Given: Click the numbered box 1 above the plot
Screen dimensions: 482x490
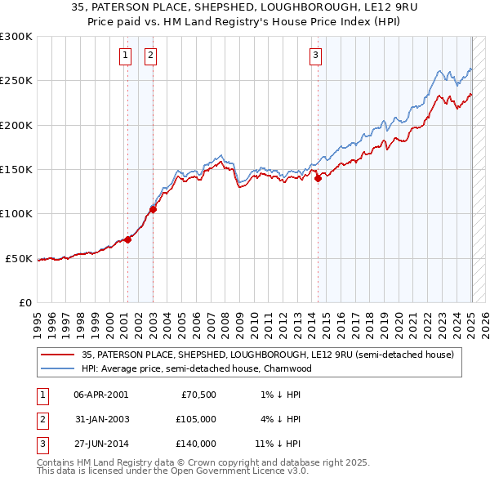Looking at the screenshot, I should [x=126, y=56].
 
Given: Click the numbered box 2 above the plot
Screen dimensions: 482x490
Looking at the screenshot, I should [x=152, y=56].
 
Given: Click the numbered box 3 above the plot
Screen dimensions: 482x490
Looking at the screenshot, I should [x=315, y=56].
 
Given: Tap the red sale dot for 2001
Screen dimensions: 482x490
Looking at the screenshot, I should [x=127, y=240].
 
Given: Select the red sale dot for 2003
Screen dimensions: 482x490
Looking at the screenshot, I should [x=153, y=209].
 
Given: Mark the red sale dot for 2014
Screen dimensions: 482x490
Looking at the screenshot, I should [x=318, y=179].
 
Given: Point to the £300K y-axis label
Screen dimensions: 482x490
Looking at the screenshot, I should [x=16, y=37].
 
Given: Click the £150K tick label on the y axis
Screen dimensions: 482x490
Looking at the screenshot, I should [x=16, y=170].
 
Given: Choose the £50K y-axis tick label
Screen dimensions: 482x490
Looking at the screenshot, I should [x=19, y=258].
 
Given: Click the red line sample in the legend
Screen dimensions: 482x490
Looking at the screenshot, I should [x=58, y=355].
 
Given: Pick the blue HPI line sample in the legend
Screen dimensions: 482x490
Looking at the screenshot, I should [x=58, y=368].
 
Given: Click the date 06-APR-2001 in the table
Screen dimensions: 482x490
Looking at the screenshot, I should [x=100, y=395].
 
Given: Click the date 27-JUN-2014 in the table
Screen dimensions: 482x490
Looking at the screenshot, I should [x=100, y=444].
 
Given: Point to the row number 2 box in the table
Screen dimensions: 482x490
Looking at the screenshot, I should [x=42, y=419].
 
